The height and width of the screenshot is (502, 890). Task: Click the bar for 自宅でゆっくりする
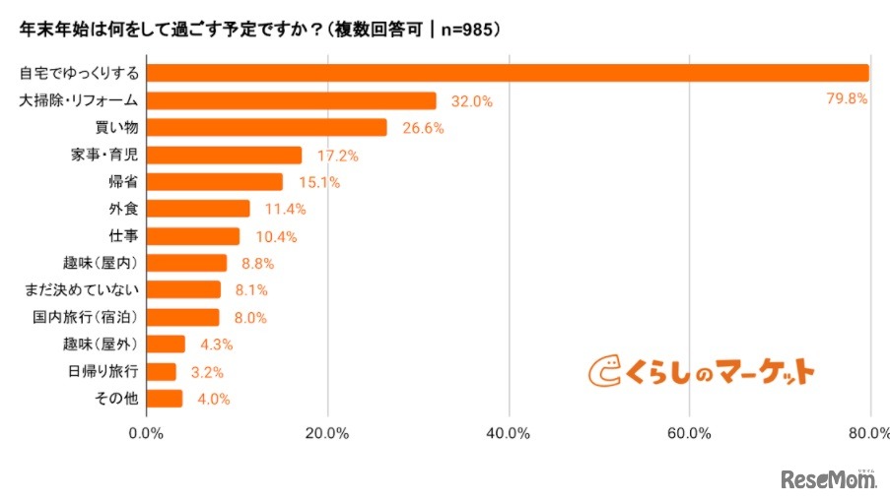coord(508,73)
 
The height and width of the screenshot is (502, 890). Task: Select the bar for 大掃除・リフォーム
coord(292,100)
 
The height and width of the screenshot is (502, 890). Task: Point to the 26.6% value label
coord(422,128)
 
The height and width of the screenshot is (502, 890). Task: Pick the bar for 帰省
coord(215,182)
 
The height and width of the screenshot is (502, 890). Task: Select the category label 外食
coord(123,209)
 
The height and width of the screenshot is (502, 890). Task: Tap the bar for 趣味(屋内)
coord(187,263)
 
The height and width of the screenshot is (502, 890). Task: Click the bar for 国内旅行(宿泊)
coord(183,317)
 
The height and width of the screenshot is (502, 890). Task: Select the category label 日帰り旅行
coord(103,371)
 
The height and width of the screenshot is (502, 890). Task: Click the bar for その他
coord(166,399)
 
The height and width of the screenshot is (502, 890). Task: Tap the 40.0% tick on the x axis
coord(509,434)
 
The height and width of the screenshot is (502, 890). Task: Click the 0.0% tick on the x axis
coord(147,434)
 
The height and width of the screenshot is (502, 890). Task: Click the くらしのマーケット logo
coord(702,371)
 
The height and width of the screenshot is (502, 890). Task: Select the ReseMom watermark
coord(829,479)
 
